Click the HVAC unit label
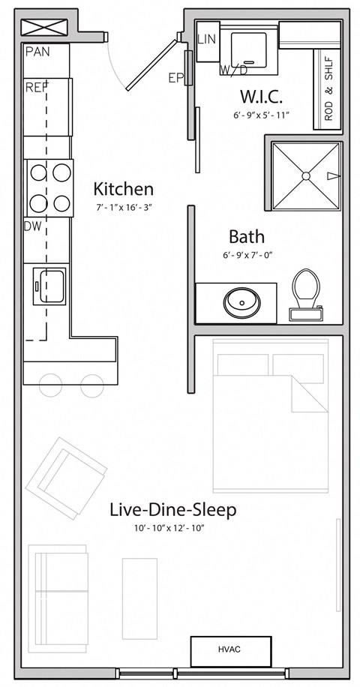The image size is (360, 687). coord(229,649)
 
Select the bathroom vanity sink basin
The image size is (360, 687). coord(241,302)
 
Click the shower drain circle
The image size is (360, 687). coord(306,175)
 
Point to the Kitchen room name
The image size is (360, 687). coord(124,189)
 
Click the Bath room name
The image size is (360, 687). coord(247,236)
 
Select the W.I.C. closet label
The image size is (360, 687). coord(261,97)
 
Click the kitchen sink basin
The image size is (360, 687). coord(52,286)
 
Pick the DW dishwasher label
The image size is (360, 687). coord(33,226)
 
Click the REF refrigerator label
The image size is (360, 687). coord(37,87)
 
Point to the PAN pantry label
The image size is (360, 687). coord(37,52)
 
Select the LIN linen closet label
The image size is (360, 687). coord(207,39)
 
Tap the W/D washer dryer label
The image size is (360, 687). coord(234,70)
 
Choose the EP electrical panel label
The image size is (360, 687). coord(175,78)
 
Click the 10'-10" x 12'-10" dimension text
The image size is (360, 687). coord(170,529)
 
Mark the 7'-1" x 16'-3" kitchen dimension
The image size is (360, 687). coord(124,208)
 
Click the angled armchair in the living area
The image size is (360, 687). coord(66,478)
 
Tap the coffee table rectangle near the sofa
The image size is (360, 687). coord(139,598)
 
